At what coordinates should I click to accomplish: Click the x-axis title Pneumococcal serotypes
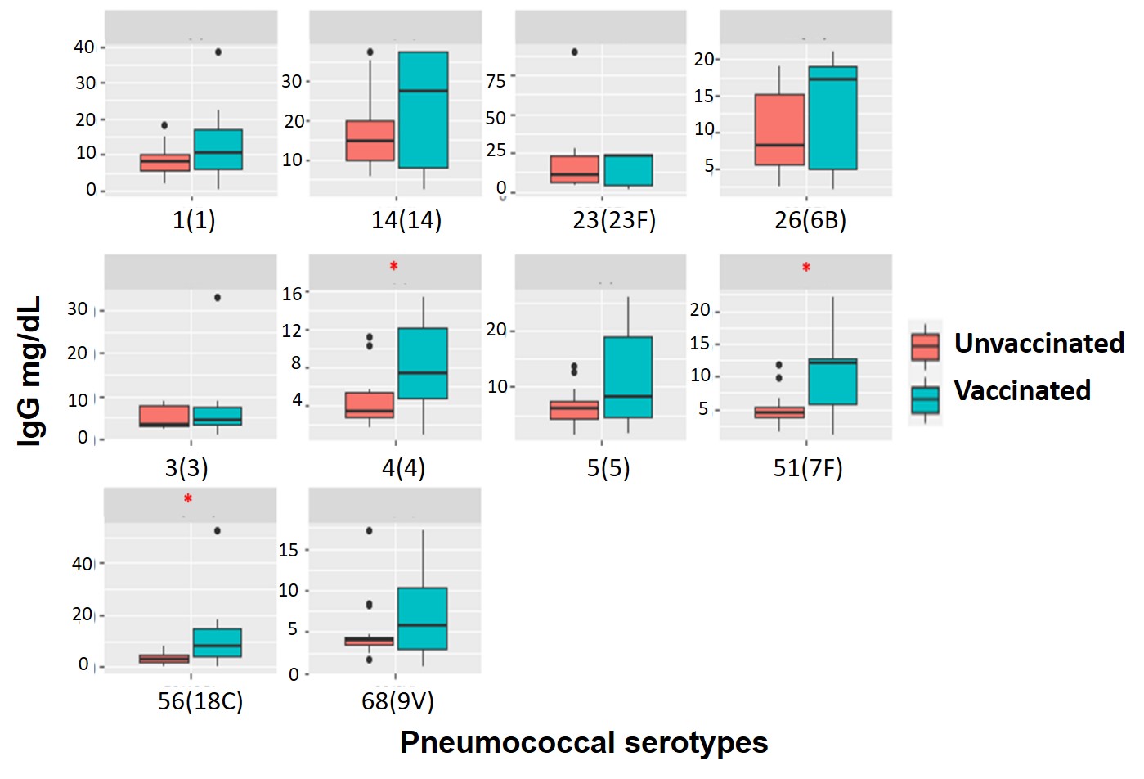pos(584,742)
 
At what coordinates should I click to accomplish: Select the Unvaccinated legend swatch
pos(925,346)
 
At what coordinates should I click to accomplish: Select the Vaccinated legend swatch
pos(925,399)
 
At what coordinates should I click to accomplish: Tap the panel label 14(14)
pos(406,220)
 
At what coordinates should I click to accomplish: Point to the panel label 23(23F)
pos(614,220)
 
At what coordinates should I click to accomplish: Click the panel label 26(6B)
pos(810,220)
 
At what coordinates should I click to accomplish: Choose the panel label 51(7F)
pos(808,468)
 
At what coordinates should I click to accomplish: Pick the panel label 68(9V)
pos(397,701)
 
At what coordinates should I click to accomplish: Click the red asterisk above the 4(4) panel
pos(394,267)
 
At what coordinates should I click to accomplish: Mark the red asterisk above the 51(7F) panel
pos(806,268)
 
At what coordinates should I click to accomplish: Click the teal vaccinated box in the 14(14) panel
pos(424,110)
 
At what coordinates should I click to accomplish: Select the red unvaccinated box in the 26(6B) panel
pos(779,130)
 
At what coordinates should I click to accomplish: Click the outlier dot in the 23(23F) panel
pos(574,52)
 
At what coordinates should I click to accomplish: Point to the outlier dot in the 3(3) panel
pos(218,297)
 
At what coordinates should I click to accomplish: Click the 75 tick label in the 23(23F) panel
pos(496,81)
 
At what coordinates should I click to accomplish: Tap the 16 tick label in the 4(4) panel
pos(292,293)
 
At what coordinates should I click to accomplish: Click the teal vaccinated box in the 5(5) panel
pos(628,377)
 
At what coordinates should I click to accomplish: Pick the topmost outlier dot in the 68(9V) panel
pos(369,531)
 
